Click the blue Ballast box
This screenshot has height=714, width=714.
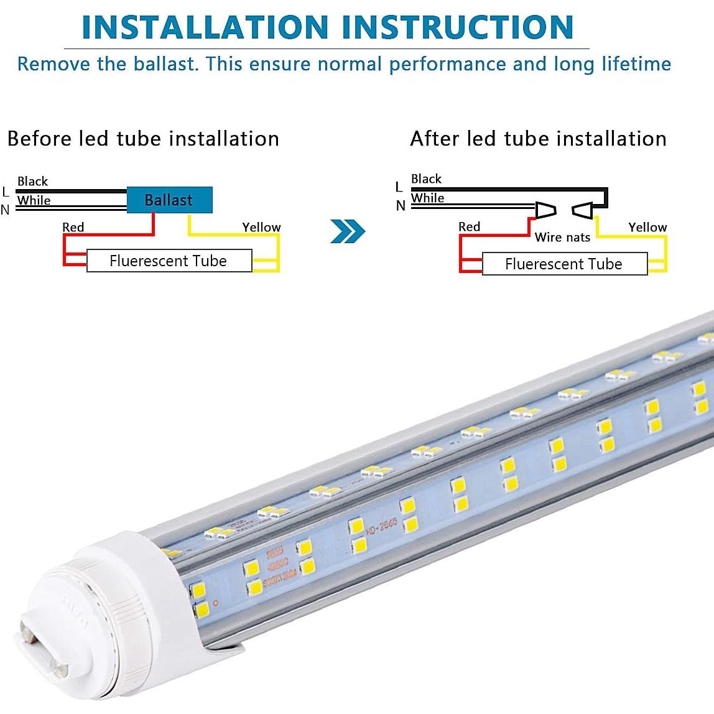pos(169,200)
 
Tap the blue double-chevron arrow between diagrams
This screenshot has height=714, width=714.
pos(348,231)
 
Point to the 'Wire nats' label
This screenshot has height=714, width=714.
pos(562,237)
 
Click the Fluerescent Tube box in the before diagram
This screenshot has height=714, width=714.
pos(169,261)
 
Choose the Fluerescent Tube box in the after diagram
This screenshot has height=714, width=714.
pos(564,264)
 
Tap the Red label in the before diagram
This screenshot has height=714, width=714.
pos(73,227)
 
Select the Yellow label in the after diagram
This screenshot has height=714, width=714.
pos(647,227)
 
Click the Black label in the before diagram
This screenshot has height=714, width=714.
pos(32,181)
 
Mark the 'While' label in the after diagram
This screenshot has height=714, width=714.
pos(428,198)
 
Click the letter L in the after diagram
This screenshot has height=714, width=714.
pos(399,187)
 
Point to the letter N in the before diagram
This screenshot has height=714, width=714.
pos(5,210)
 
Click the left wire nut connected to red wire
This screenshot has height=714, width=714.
pos(545,210)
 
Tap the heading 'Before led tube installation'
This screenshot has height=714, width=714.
pos(143,138)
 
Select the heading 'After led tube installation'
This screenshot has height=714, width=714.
pos(538,138)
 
